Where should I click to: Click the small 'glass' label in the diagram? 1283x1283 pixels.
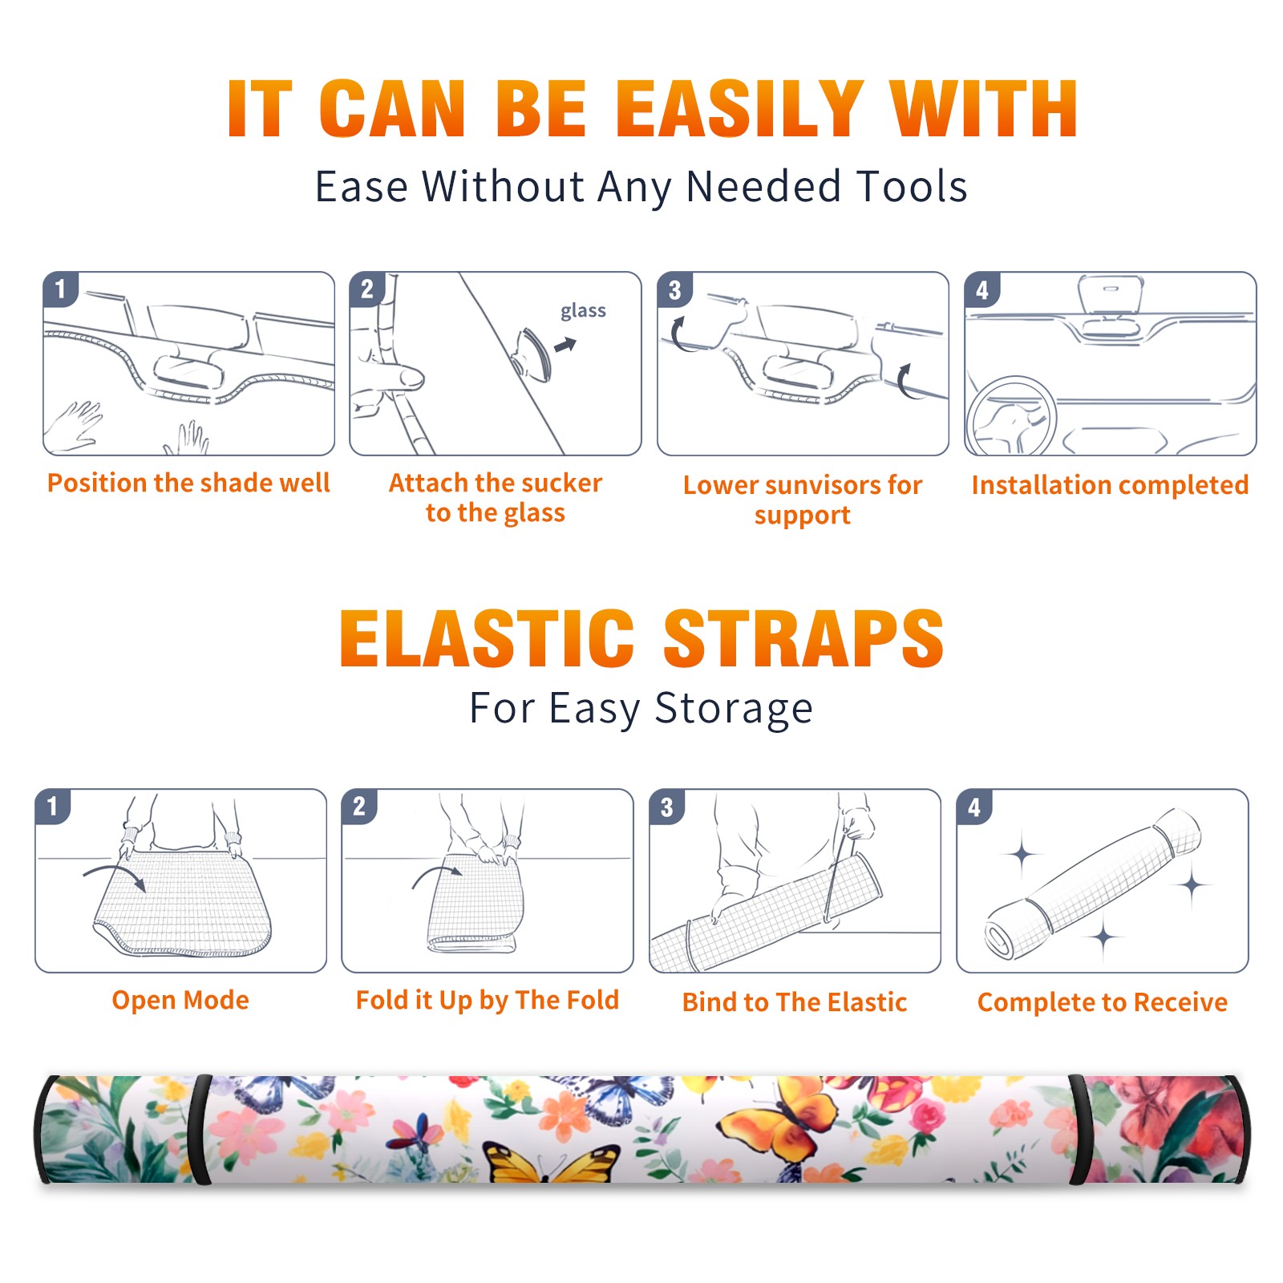click(583, 311)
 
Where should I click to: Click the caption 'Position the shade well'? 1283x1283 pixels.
click(188, 483)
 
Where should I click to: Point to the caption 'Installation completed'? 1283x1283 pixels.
click(1110, 484)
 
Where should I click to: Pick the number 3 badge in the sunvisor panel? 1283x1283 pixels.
click(675, 289)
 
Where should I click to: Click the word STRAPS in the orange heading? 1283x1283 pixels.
click(803, 638)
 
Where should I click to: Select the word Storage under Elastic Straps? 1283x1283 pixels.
click(734, 709)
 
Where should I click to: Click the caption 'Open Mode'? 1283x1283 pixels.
click(180, 1000)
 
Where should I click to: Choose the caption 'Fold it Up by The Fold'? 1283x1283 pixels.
click(488, 1000)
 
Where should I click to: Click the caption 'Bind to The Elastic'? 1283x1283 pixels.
click(795, 1002)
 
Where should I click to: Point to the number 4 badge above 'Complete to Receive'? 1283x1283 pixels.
click(974, 807)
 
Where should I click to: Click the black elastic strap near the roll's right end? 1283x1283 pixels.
click(1078, 1130)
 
